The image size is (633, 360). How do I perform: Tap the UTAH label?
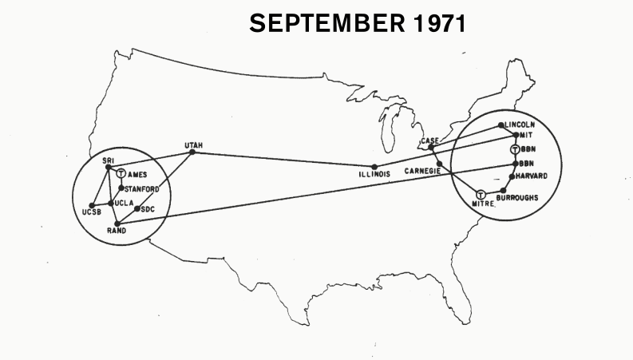coord(193,144)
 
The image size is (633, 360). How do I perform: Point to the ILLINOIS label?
coord(374,175)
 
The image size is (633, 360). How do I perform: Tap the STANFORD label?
coord(142,188)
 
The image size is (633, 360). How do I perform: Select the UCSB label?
coord(92,212)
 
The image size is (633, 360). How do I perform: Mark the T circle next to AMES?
coord(120,174)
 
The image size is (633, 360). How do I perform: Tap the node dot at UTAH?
coord(192,152)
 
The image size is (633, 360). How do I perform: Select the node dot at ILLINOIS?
coord(374,166)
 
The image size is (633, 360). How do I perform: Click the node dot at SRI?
coord(108,166)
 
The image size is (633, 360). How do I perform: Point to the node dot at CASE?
coord(436,147)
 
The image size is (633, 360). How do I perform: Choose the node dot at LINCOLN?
coord(500,125)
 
